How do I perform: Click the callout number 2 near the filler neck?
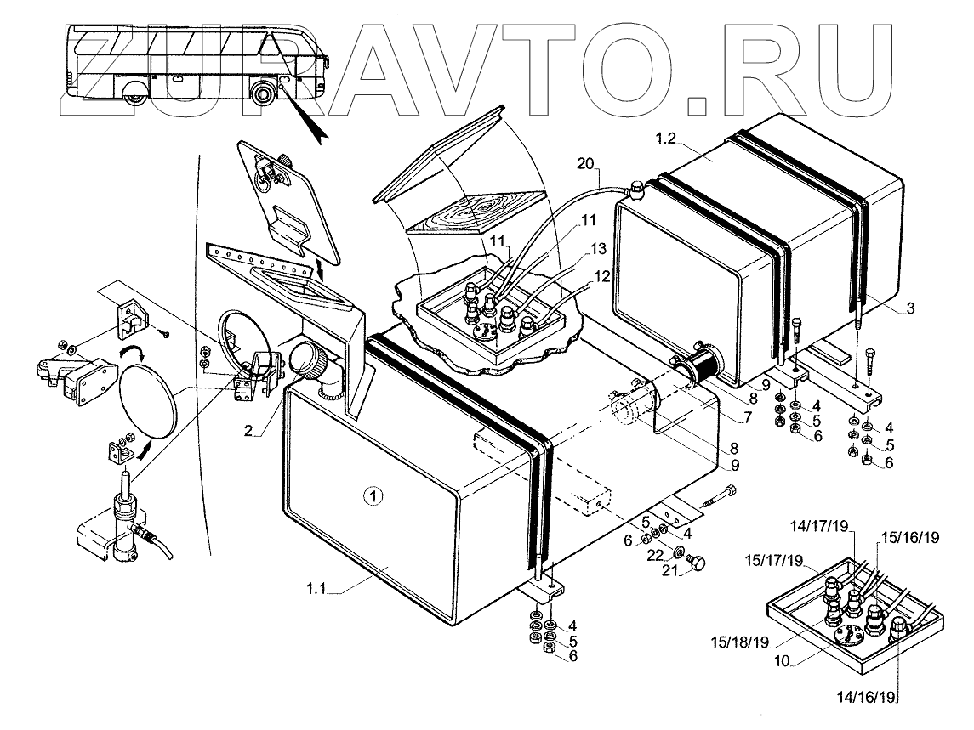pyautogui.click(x=248, y=432)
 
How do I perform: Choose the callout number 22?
pyautogui.click(x=655, y=554)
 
